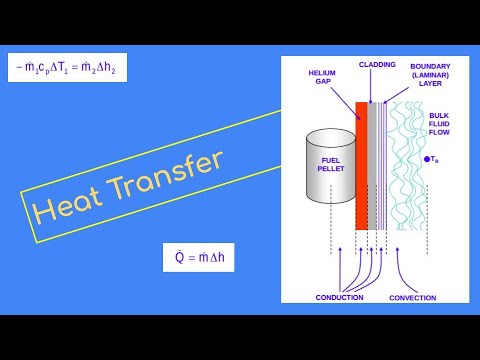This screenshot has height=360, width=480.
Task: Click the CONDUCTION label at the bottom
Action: click(339, 298)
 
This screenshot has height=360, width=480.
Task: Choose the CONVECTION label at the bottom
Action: click(413, 298)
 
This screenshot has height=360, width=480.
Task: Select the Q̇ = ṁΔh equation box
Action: click(204, 257)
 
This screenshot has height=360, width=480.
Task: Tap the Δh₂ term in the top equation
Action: click(109, 68)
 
